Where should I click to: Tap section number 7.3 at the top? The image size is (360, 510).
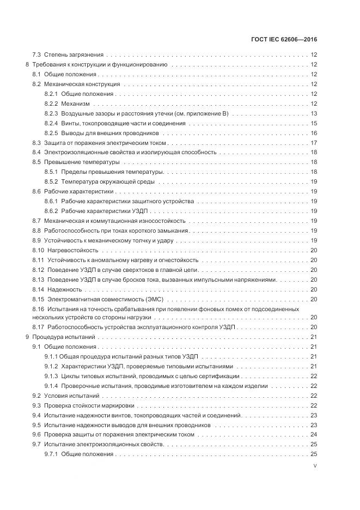point(37,54)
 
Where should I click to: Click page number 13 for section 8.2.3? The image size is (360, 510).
point(314,113)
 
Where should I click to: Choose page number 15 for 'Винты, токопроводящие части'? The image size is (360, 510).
point(314,123)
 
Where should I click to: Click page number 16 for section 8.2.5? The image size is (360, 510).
point(314,133)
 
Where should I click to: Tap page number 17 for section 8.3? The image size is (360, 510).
point(314,143)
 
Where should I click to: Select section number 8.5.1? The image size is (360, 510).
point(51,172)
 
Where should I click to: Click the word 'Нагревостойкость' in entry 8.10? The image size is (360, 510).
point(73,250)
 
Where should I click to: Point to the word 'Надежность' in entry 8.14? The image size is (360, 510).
point(65,289)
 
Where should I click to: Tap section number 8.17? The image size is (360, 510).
point(38,327)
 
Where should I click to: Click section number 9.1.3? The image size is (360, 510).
point(51,377)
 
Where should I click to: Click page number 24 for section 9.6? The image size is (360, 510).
point(314,435)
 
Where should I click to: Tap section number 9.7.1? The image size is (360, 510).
point(51,454)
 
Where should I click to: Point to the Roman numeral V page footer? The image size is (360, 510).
point(315,466)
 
